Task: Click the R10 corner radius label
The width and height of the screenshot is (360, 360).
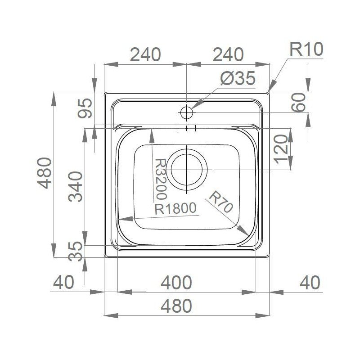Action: click(x=306, y=49)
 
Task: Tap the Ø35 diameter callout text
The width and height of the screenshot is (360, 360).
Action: click(x=238, y=78)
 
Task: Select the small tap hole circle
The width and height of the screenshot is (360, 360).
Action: click(x=186, y=113)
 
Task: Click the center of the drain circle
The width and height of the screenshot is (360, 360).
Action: click(x=187, y=170)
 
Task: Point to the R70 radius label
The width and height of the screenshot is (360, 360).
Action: click(x=221, y=202)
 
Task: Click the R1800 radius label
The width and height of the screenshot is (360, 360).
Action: click(x=175, y=208)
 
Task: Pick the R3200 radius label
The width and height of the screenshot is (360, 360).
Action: click(x=161, y=179)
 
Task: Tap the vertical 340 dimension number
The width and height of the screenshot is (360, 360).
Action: click(x=76, y=186)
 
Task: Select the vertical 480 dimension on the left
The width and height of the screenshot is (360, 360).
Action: click(x=44, y=173)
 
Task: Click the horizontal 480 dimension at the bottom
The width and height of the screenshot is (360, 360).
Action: click(x=176, y=306)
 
